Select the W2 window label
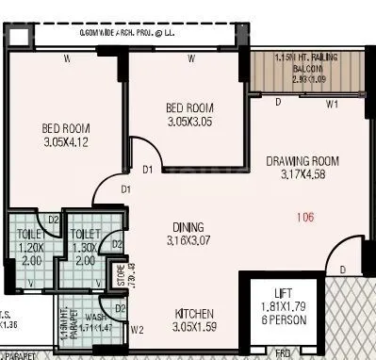tap(138, 330)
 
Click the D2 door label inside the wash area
tap(120, 307)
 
